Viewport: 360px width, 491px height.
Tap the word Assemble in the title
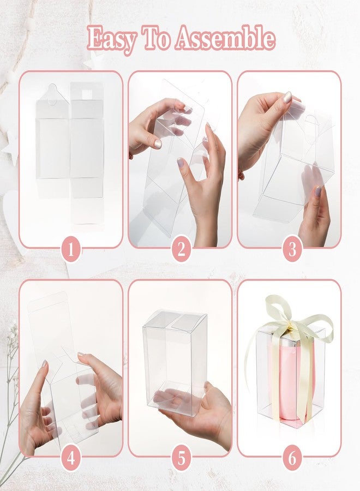225,38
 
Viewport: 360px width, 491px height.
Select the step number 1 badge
71,250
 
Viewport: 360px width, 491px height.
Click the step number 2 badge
181,250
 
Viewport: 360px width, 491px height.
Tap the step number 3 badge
292,250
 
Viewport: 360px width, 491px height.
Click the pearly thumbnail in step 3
287,98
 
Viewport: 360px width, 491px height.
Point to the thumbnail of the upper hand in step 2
158,144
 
